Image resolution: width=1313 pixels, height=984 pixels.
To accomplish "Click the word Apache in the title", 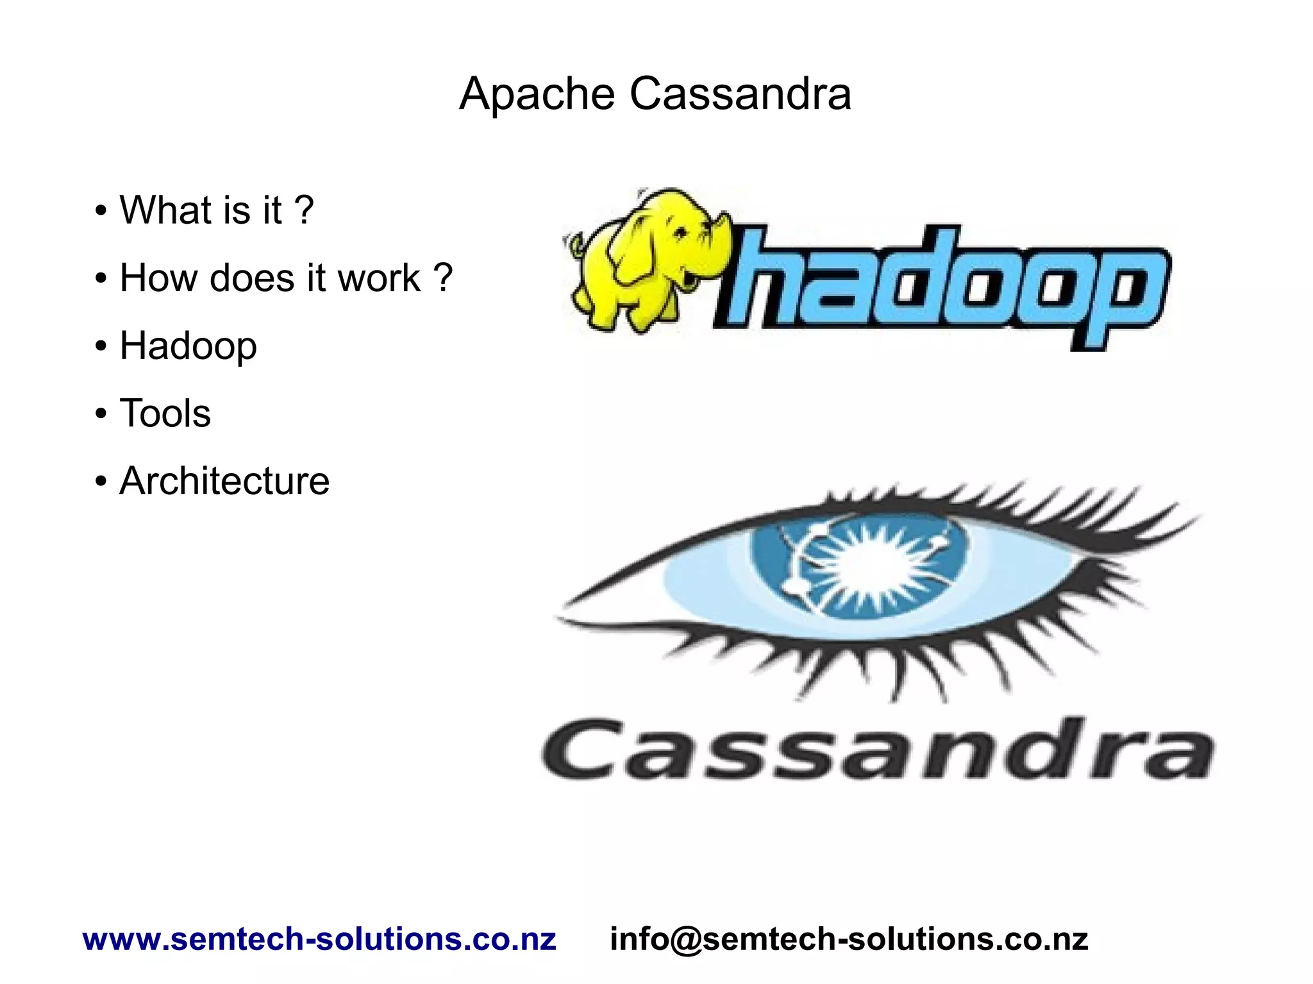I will pos(537,94).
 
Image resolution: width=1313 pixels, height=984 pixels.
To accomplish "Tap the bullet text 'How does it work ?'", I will pos(286,278).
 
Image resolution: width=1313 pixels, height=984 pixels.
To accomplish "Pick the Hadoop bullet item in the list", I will pos(188,346).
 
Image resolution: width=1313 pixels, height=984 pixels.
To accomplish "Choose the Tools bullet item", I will pos(165,413).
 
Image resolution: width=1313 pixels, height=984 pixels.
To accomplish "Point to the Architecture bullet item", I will pos(224,481).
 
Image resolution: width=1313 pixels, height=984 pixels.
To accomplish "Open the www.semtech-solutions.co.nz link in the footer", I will pos(319,939).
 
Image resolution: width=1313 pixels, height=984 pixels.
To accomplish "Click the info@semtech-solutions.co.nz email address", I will pos(849,939).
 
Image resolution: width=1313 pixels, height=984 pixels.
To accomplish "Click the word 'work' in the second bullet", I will pos(379,278).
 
